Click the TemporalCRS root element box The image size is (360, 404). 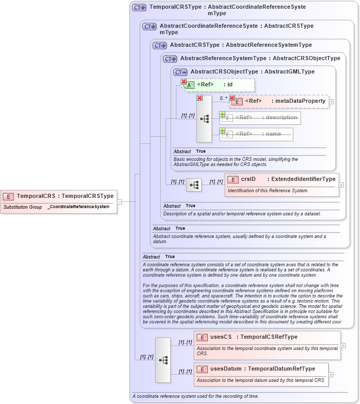point(59,196)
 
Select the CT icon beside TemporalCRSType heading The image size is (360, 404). point(139,8)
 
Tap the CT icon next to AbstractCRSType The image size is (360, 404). point(159,45)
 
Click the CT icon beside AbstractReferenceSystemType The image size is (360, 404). point(170,59)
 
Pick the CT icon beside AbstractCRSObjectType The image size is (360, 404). point(180,72)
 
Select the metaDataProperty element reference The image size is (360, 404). point(280,101)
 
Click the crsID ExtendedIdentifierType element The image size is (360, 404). point(282,179)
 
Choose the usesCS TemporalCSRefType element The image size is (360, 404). point(267,337)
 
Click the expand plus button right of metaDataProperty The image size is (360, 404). point(331,102)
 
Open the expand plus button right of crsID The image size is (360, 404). point(341,185)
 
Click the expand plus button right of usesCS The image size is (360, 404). point(343,345)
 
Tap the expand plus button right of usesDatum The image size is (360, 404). point(331,375)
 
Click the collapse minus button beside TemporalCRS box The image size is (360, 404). point(119,202)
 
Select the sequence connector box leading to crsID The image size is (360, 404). point(194,185)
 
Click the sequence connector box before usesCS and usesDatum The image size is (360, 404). point(163,360)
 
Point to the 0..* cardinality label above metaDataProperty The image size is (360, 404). point(223,98)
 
